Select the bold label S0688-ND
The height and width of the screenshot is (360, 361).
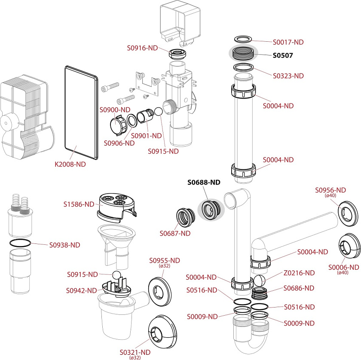[x=204, y=182]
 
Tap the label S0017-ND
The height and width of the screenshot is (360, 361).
[x=288, y=42]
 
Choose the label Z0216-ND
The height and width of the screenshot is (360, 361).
[x=299, y=273]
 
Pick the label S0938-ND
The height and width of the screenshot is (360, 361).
[x=64, y=245]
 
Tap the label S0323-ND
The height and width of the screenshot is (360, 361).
[x=288, y=76]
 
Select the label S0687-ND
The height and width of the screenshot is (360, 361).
[x=175, y=234]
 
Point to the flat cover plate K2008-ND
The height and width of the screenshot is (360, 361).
[x=81, y=112]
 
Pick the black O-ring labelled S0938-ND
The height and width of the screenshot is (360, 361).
[x=19, y=243]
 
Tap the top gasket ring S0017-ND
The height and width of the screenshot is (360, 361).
[x=243, y=40]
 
